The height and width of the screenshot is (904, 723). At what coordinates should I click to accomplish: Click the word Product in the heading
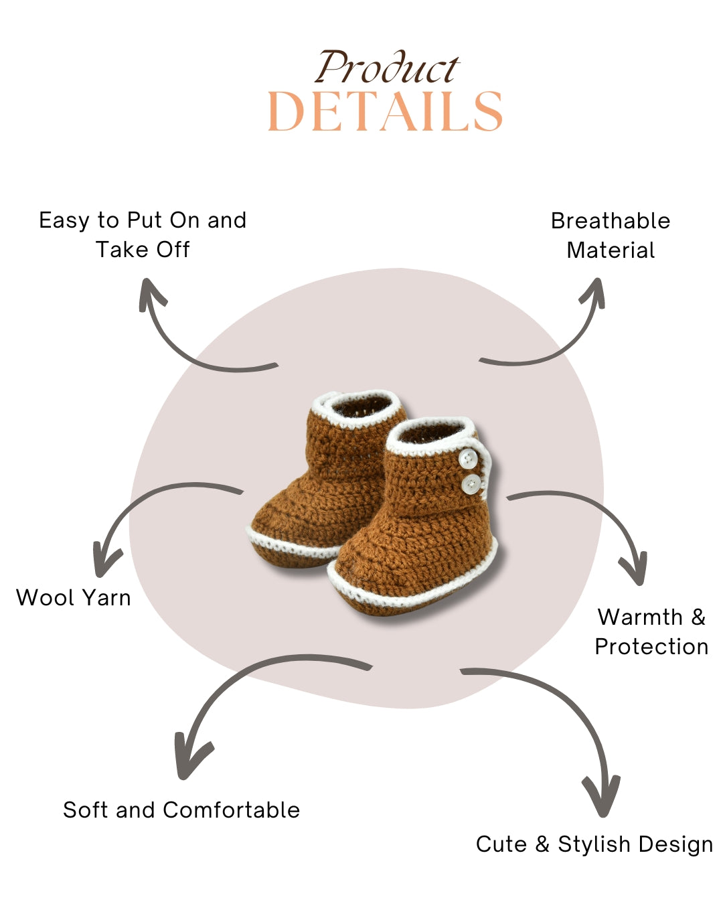(x=387, y=67)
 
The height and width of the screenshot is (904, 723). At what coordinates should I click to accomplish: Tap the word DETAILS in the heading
(x=385, y=111)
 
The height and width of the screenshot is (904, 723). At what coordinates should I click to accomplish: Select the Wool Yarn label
(x=73, y=598)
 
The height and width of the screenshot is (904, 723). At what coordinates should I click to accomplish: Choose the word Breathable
(x=611, y=221)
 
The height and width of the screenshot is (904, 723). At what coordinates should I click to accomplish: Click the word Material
(x=611, y=250)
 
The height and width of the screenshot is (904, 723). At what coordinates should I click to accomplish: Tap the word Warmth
(x=640, y=617)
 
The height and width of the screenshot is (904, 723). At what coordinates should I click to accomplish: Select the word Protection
(x=651, y=646)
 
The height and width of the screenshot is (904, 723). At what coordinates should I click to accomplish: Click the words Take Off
(x=143, y=250)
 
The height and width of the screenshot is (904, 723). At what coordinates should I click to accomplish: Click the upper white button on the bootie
(x=467, y=458)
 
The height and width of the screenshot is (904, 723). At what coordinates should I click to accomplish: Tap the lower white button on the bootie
(x=471, y=484)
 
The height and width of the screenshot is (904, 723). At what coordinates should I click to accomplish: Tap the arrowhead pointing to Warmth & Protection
(x=633, y=569)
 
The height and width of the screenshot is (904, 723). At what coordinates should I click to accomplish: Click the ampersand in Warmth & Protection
(x=698, y=617)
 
